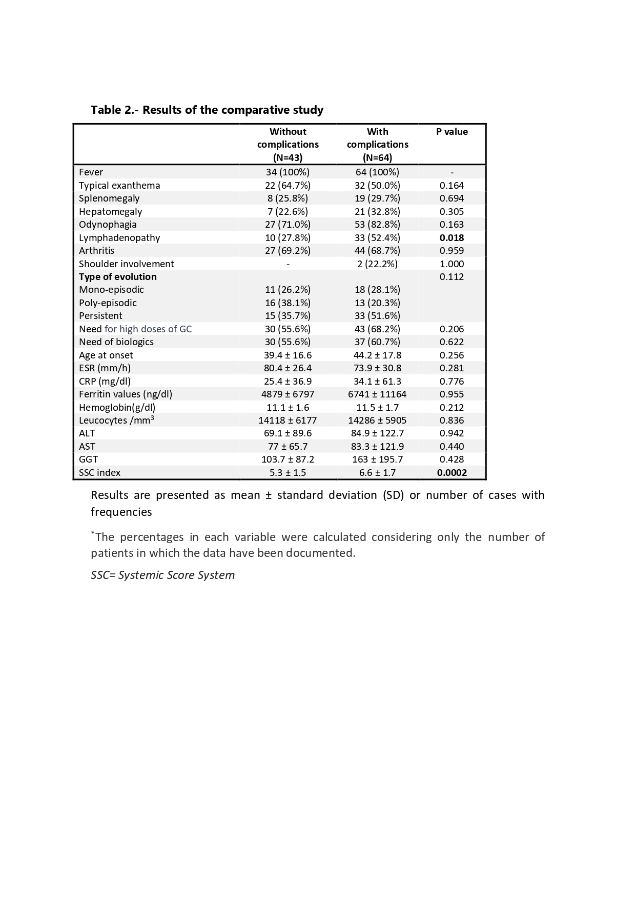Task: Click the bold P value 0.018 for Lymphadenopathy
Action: pyautogui.click(x=452, y=238)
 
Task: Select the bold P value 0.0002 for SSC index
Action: pyautogui.click(x=452, y=473)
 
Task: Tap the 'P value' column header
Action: pyautogui.click(x=452, y=132)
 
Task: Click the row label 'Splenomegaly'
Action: pyautogui.click(x=109, y=198)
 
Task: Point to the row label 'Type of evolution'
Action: pyautogui.click(x=118, y=277)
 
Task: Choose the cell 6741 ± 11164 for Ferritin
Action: pyautogui.click(x=377, y=394)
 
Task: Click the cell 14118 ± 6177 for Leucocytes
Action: pyautogui.click(x=288, y=421)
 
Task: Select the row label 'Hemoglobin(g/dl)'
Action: pyautogui.click(x=117, y=408)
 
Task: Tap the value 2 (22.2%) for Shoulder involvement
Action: pyautogui.click(x=377, y=264)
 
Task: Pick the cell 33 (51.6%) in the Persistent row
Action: pyautogui.click(x=377, y=316)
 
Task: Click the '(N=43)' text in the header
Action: pyautogui.click(x=288, y=157)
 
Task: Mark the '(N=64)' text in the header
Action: pyautogui.click(x=377, y=157)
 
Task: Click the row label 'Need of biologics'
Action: pyautogui.click(x=116, y=342)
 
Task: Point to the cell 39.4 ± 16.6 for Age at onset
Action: pyautogui.click(x=288, y=355)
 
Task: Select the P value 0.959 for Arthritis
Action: pyautogui.click(x=452, y=251)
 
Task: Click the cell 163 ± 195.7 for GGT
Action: pyautogui.click(x=377, y=459)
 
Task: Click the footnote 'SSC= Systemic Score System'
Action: pyautogui.click(x=162, y=575)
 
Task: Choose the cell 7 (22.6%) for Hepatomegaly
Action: pyautogui.click(x=288, y=212)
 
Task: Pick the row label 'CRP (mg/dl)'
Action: pyautogui.click(x=105, y=382)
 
